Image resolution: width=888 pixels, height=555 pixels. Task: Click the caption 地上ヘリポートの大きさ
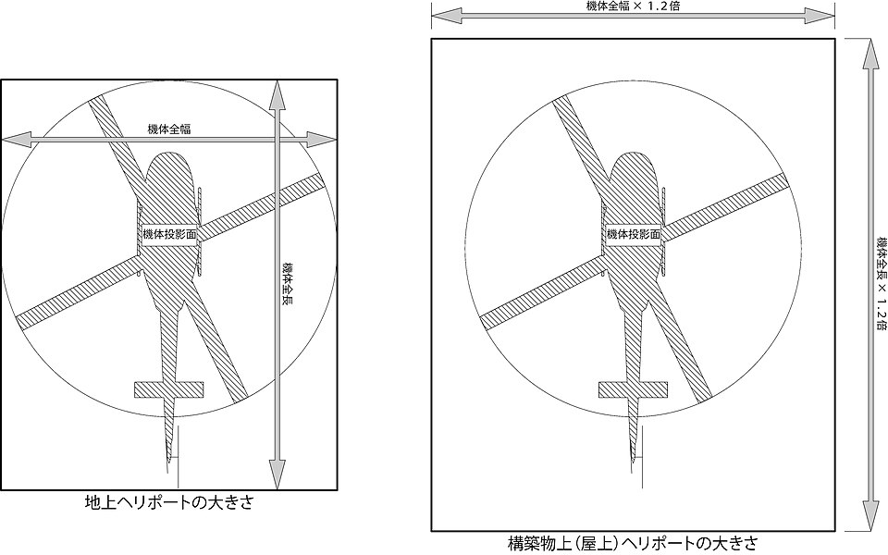click(168, 502)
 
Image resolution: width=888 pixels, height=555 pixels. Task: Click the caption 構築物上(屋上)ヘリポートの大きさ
click(632, 544)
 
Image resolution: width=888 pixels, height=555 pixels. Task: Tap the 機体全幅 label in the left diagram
click(168, 129)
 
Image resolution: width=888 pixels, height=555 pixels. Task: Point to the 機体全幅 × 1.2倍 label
click(633, 6)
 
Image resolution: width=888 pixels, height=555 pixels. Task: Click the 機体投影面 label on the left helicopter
click(168, 234)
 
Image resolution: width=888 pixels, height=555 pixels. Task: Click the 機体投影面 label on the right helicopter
click(634, 234)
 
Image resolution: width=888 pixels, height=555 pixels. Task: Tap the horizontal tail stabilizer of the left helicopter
click(168, 389)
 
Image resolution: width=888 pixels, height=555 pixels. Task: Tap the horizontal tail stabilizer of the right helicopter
click(633, 389)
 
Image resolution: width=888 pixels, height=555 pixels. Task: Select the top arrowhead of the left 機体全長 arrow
click(277, 95)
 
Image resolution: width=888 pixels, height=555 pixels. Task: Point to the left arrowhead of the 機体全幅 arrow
click(16, 139)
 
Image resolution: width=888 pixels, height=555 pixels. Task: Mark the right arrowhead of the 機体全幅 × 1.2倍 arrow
click(820, 18)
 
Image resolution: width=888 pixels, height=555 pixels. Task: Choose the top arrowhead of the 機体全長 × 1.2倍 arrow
click(867, 54)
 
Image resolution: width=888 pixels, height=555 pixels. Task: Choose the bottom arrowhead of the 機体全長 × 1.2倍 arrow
click(867, 516)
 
